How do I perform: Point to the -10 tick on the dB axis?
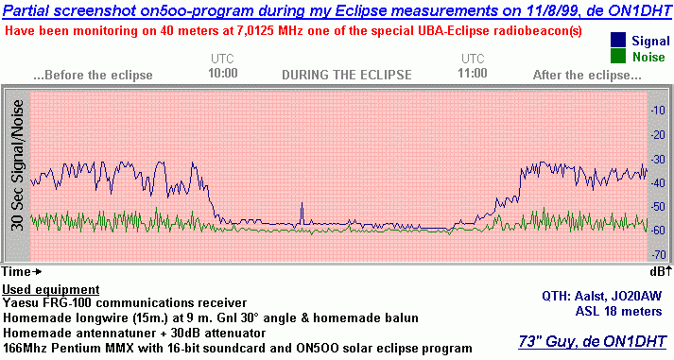(658, 111)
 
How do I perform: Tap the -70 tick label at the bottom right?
(658, 255)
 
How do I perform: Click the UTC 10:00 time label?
(223, 66)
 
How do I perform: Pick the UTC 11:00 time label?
(472, 66)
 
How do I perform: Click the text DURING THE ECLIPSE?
(347, 74)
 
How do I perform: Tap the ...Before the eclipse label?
(86, 74)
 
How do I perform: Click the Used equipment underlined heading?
(51, 288)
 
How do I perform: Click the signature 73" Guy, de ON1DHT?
(595, 341)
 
